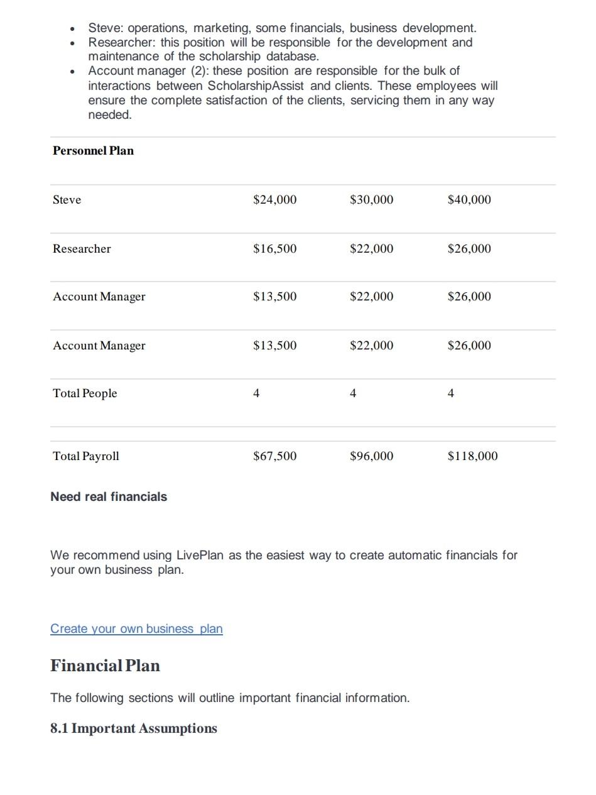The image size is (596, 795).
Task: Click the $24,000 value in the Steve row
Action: (x=274, y=200)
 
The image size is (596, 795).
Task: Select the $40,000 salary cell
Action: (x=469, y=200)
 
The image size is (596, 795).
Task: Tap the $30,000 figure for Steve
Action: (x=371, y=200)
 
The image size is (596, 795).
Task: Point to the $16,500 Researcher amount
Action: (x=274, y=249)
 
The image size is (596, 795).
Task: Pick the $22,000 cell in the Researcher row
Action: (x=371, y=249)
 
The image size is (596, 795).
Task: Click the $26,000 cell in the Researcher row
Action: (x=469, y=249)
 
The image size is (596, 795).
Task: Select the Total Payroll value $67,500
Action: (x=274, y=456)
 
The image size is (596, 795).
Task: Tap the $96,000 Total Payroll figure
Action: (x=371, y=456)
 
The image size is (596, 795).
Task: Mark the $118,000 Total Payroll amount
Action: (x=472, y=456)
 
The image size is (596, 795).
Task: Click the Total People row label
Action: (x=85, y=393)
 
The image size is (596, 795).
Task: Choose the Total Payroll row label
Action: (x=86, y=456)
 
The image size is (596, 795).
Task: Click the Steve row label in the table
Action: (x=67, y=200)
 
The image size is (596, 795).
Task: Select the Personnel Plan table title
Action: (x=93, y=151)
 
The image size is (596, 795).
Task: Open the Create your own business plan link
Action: (x=136, y=629)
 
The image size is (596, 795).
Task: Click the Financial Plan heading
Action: (x=105, y=666)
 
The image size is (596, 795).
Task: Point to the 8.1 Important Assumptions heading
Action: (x=134, y=728)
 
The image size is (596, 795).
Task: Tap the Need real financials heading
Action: (x=109, y=497)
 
